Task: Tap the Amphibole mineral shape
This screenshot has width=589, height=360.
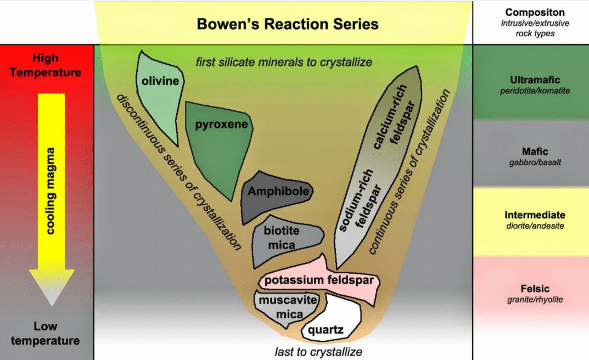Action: tap(277, 193)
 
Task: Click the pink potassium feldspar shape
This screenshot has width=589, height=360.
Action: tap(318, 280)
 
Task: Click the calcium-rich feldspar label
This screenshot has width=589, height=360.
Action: tap(392, 115)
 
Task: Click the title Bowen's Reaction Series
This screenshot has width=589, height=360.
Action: tap(288, 24)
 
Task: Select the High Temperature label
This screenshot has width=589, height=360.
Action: tap(45, 65)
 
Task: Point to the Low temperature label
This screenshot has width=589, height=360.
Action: tap(45, 333)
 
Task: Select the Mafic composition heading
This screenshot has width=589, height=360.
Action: tap(535, 151)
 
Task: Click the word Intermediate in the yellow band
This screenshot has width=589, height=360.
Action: tap(535, 215)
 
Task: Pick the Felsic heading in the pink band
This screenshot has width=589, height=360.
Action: tap(535, 289)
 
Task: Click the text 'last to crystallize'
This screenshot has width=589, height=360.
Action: tap(318, 351)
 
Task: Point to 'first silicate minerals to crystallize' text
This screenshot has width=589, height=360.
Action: tap(284, 61)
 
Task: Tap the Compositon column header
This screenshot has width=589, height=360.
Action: tap(535, 12)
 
